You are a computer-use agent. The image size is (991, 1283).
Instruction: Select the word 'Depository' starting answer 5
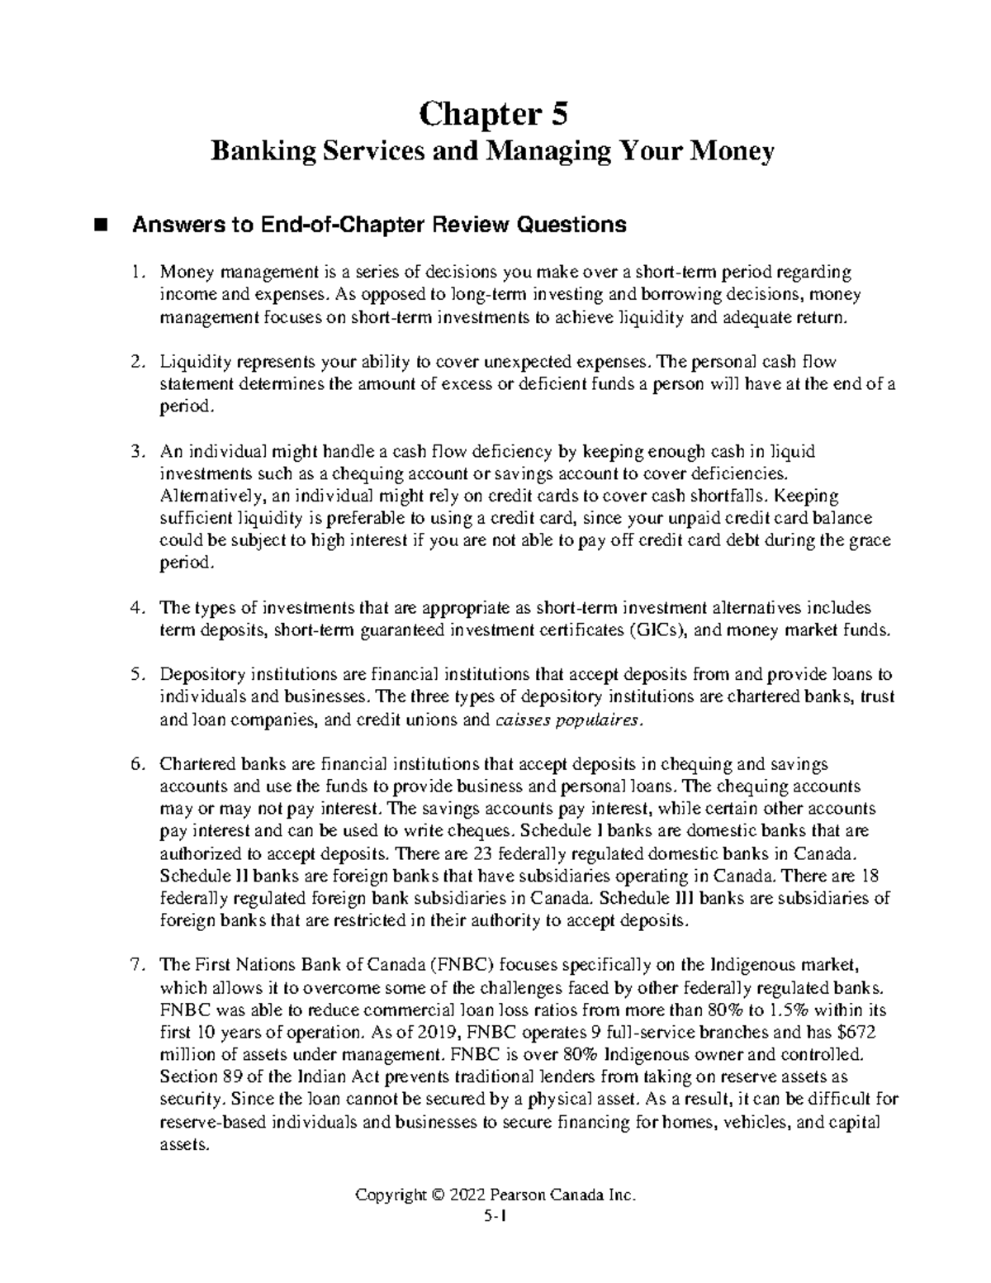point(202,675)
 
